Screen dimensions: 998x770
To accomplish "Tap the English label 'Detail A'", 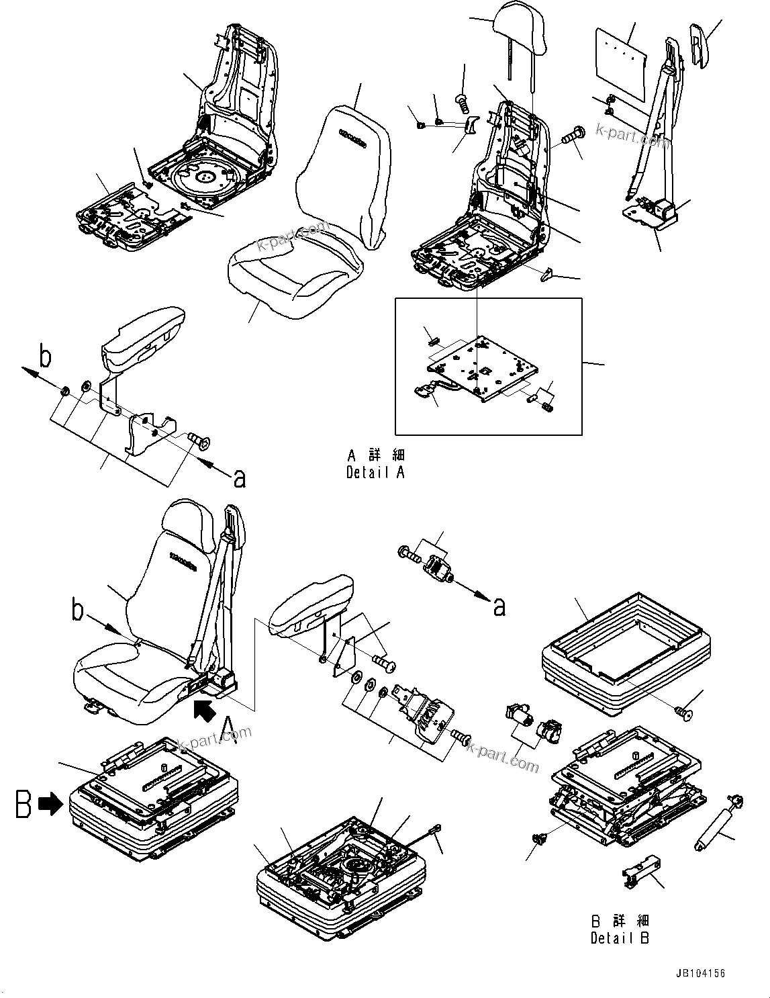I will pos(375,473).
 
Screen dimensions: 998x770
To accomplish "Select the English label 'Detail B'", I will pos(620,938).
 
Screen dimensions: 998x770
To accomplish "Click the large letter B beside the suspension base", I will pos(23,804).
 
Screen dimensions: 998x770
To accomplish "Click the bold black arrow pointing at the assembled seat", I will pos(203,709).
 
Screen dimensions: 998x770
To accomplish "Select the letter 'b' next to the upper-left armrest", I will pos(45,357).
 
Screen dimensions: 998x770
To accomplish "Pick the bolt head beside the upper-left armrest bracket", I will pos(200,441).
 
